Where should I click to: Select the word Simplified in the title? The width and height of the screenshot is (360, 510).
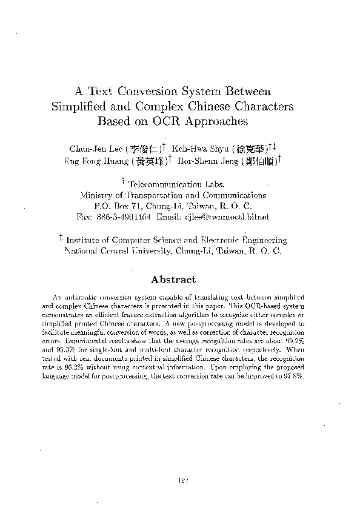point(78,107)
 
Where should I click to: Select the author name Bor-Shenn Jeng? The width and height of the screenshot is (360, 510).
point(206,161)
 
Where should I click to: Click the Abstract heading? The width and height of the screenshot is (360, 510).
point(173,280)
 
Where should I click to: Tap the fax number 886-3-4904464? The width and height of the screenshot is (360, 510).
point(125,216)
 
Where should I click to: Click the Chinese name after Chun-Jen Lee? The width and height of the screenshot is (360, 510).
point(148,148)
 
